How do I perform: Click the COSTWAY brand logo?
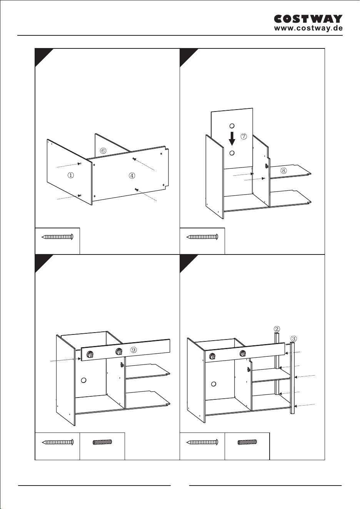[308, 19]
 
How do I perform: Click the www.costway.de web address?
[308, 28]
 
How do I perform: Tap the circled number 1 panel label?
[71, 175]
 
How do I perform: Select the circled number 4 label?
[132, 175]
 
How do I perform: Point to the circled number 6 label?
[103, 151]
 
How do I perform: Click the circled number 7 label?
[243, 136]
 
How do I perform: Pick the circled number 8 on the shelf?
[283, 170]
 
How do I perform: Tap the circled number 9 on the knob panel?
[133, 350]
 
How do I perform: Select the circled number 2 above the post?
[277, 329]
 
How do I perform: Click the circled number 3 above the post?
[293, 339]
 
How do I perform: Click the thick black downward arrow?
[232, 139]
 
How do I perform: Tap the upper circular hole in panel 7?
[232, 126]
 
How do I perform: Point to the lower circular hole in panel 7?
[232, 153]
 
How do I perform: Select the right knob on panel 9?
[118, 352]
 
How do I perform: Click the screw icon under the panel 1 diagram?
[58, 237]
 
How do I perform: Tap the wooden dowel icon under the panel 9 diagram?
[102, 442]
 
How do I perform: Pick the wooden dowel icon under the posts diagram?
[247, 442]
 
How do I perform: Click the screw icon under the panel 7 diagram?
[202, 237]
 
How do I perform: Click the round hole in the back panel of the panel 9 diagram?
[83, 380]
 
